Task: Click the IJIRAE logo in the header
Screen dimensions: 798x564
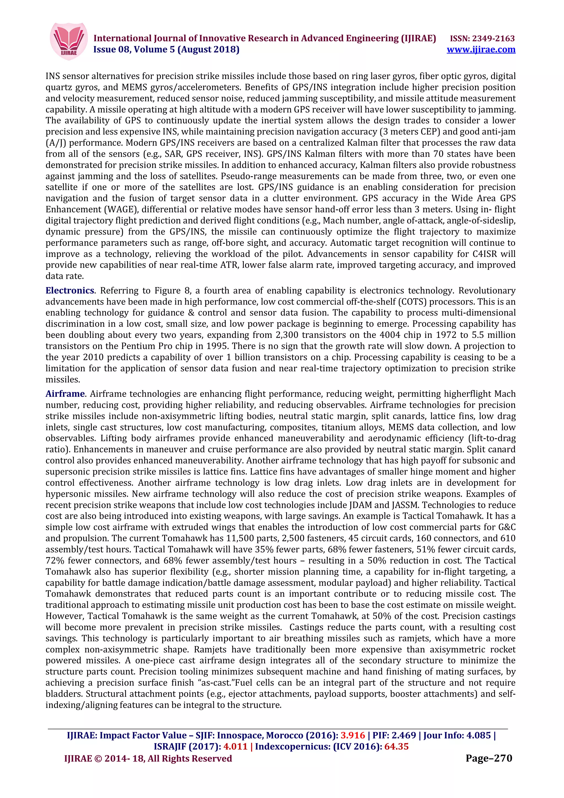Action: click(x=69, y=41)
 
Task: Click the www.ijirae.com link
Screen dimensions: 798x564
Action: click(x=481, y=50)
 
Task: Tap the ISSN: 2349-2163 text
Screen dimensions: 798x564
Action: click(x=482, y=38)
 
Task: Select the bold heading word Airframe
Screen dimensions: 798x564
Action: click(x=65, y=394)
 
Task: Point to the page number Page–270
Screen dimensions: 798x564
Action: click(x=489, y=758)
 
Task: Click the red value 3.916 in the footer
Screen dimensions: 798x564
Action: click(x=352, y=735)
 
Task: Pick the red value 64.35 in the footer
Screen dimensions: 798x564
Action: click(x=396, y=747)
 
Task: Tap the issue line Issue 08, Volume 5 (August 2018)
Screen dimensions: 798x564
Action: click(x=166, y=50)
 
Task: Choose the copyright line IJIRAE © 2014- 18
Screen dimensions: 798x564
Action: click(x=148, y=758)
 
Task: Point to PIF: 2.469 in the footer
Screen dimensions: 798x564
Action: click(x=394, y=735)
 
